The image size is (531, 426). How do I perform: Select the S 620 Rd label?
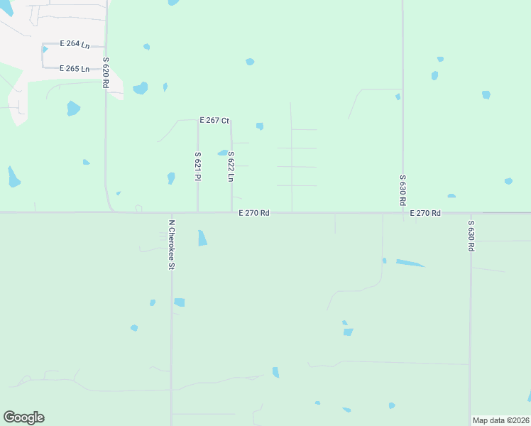[x=105, y=72]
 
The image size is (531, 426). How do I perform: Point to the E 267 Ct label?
[x=214, y=121]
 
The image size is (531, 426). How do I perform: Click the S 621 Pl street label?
[x=197, y=166]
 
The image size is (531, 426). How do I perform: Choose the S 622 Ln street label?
[x=231, y=166]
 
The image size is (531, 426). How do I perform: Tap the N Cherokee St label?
[x=171, y=244]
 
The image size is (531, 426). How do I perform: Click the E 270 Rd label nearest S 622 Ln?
[x=253, y=212]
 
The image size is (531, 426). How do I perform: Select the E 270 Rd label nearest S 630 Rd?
[x=425, y=213]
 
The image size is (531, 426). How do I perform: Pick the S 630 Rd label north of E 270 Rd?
[x=403, y=190]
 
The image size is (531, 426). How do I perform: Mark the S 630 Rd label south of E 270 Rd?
[x=470, y=236]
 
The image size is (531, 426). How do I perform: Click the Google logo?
[x=23, y=417]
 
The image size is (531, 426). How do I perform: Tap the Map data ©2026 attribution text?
[x=501, y=420]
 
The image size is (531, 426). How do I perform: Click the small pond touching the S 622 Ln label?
[x=223, y=153]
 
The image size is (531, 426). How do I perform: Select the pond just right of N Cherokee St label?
[x=202, y=238]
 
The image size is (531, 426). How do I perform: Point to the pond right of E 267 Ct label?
[x=260, y=126]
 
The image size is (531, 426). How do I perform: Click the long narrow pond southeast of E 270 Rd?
[x=410, y=263]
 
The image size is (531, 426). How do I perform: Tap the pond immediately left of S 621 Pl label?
[x=171, y=177]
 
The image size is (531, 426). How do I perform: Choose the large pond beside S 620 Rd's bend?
[x=141, y=88]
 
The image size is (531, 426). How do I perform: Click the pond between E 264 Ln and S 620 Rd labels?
[x=147, y=47]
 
